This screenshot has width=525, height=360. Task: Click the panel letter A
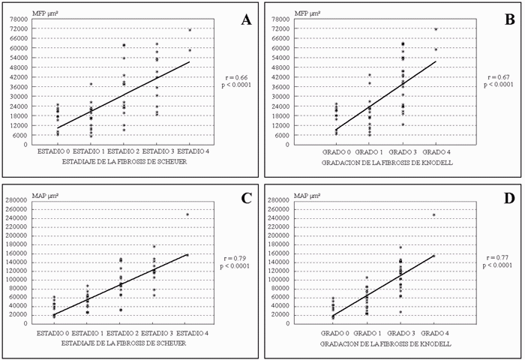point(245,20)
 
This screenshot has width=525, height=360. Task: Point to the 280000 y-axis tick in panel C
point(18,200)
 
